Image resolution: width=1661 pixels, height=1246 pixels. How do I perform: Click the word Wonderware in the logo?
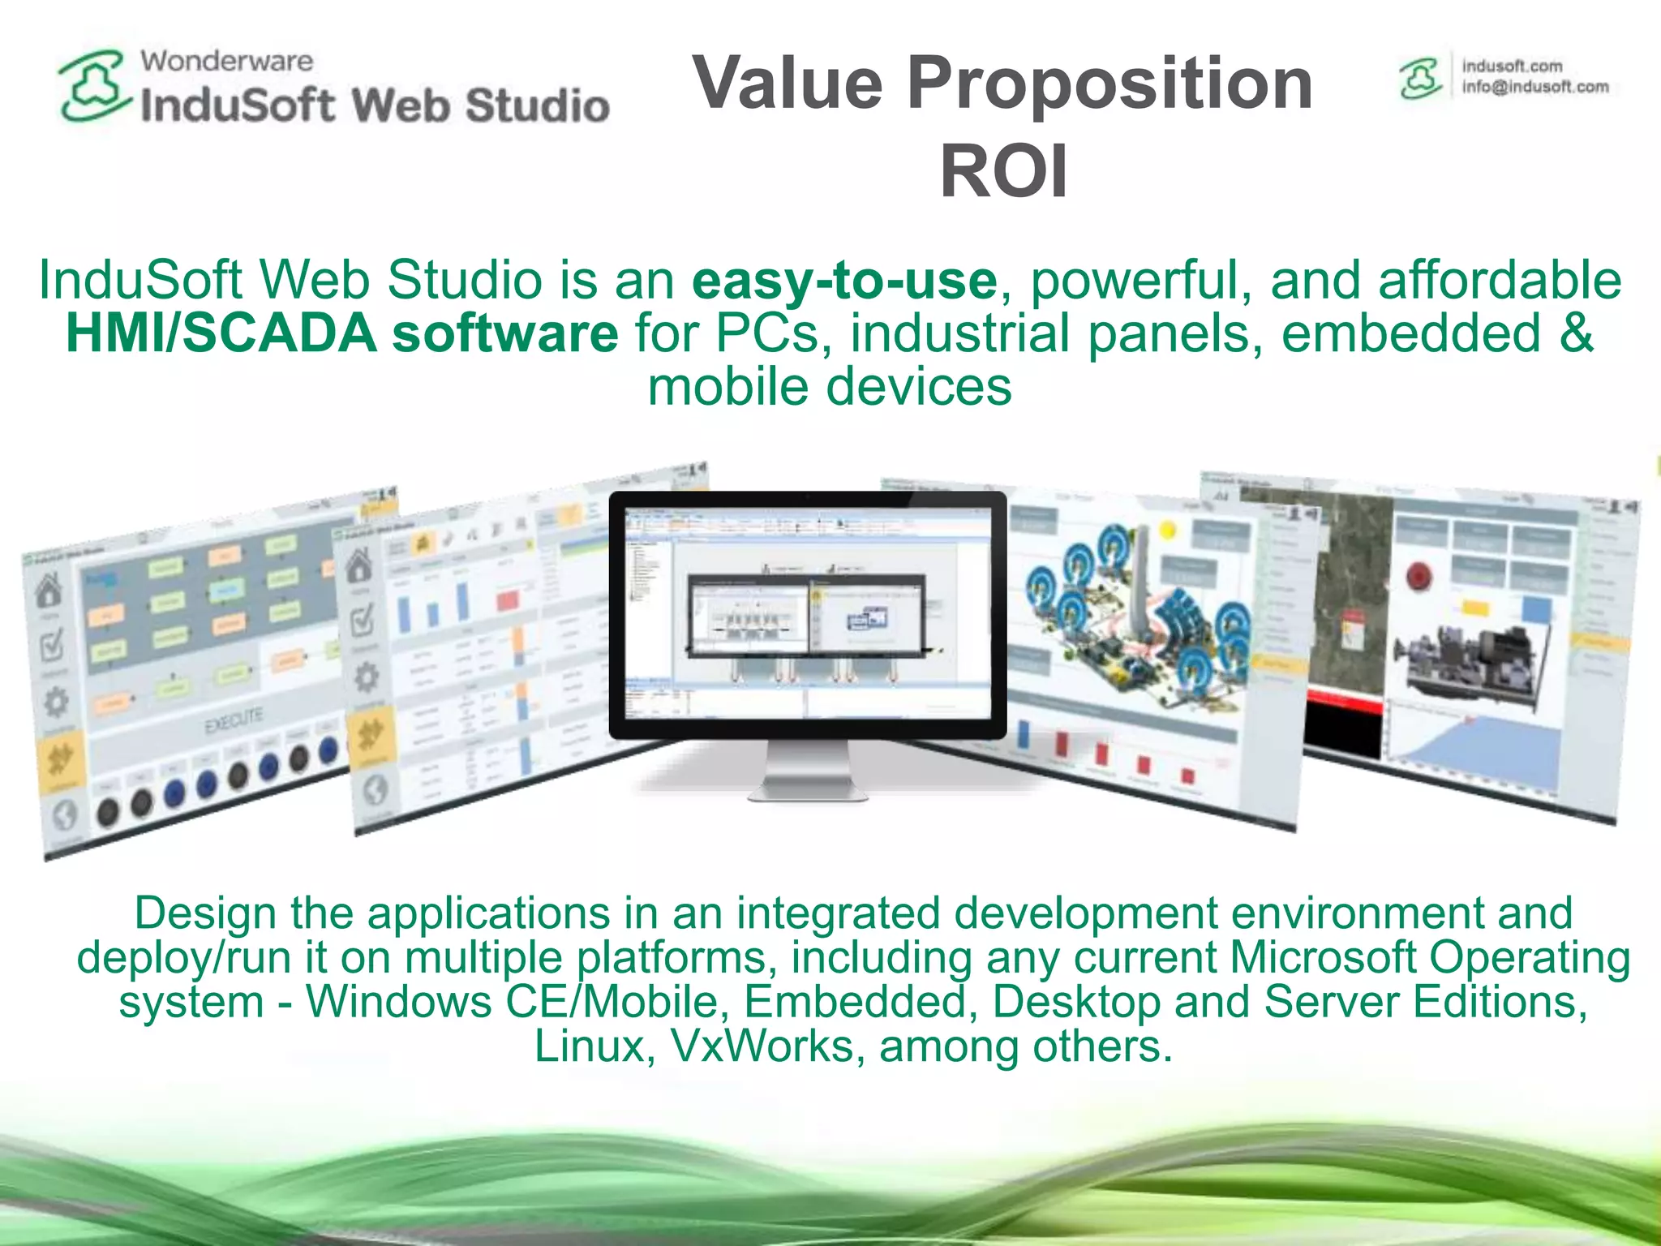[226, 61]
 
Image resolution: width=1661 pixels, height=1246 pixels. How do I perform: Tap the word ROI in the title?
[1003, 171]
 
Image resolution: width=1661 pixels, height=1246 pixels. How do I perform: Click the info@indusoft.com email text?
[1534, 88]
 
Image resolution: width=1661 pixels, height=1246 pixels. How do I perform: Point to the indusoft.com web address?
[1512, 66]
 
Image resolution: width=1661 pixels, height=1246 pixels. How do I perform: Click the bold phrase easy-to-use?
[843, 280]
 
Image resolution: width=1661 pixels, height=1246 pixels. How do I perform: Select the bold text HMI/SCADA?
[221, 333]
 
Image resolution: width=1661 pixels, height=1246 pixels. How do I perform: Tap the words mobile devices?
[830, 386]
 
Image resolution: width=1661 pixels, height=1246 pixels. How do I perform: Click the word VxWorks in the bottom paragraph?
[762, 1046]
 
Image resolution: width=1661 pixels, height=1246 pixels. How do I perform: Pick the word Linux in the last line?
[588, 1046]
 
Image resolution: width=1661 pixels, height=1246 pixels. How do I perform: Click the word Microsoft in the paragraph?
[1323, 957]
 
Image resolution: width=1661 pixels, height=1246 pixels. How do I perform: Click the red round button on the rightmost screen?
[1419, 577]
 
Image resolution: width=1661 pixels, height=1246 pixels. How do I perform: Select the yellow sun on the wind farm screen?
[1168, 531]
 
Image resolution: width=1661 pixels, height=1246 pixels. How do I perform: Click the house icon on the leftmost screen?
[49, 591]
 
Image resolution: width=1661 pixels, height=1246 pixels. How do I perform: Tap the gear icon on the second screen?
[366, 677]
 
